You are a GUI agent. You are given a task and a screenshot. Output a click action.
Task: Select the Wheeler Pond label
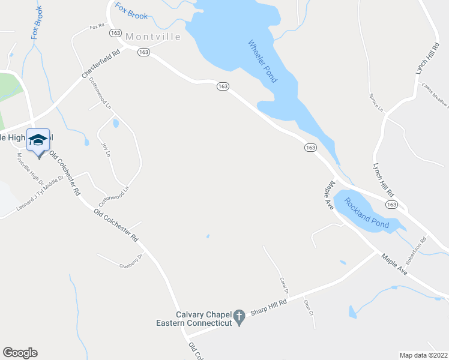(263, 61)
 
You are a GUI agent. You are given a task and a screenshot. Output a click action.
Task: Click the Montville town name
(152, 37)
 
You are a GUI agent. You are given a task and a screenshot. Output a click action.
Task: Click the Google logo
(20, 352)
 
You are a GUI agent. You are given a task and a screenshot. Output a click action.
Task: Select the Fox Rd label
(97, 27)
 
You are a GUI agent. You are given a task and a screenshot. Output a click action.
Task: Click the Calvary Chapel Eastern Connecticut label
(203, 319)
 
